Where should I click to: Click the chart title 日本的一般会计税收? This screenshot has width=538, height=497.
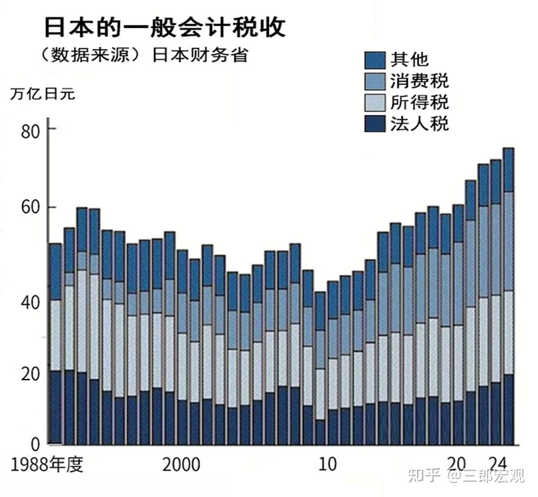164,28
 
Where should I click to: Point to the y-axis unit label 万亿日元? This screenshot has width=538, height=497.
43,94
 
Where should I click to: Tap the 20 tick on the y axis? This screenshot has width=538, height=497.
31,373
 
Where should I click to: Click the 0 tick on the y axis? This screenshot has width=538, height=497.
35,444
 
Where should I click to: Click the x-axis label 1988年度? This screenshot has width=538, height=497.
47,465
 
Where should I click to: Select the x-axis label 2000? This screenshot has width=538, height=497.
181,465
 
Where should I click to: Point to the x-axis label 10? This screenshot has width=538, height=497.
328,464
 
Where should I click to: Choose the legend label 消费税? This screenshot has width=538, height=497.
419,82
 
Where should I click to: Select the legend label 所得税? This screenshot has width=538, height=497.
419,102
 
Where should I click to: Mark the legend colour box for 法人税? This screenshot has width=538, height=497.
375,123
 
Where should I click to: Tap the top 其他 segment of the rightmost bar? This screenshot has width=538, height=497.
508,169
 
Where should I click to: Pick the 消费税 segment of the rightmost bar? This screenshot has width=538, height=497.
508,241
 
